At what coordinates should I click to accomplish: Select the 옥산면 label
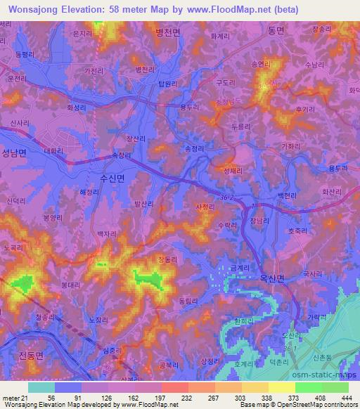click(271, 278)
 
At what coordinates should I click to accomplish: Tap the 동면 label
click(275, 30)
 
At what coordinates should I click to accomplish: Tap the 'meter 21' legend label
click(15, 397)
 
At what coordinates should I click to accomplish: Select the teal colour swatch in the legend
click(41, 387)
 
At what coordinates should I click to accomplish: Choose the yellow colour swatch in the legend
click(281, 387)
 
